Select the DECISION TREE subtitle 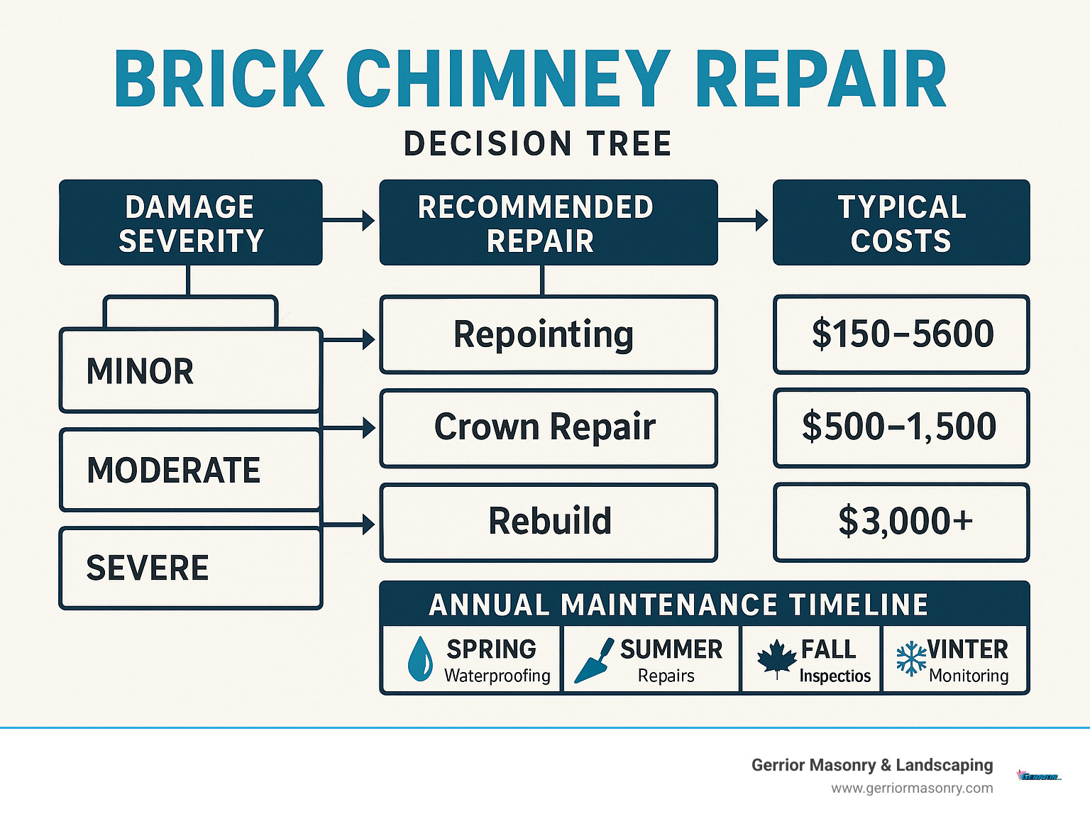tap(537, 144)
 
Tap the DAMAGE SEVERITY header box tap(190, 223)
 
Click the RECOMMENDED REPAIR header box tap(548, 223)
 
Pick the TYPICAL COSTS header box tap(901, 223)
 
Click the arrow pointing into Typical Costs tap(744, 221)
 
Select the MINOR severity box tap(190, 370)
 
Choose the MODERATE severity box tap(190, 470)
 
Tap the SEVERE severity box tap(190, 568)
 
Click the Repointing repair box tap(548, 335)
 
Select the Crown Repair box tap(548, 428)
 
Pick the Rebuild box tap(548, 522)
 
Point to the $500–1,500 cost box tap(901, 428)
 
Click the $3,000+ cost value tap(905, 522)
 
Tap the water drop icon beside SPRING tap(420, 659)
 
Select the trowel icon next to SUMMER tap(593, 661)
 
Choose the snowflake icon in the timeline tap(911, 658)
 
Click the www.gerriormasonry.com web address tap(912, 788)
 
